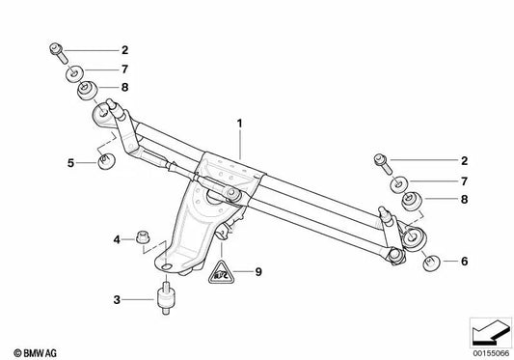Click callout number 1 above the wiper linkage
pos(237,124)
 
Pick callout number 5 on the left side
pos(71,162)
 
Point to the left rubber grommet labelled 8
pos(85,92)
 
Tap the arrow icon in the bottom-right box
pos(488,333)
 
